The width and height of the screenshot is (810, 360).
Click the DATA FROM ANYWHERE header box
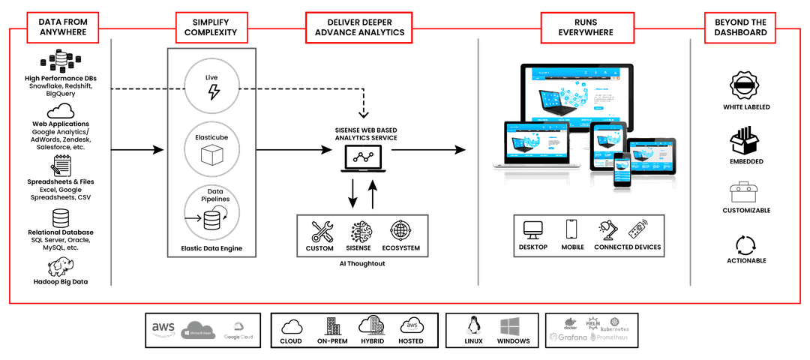coord(63,27)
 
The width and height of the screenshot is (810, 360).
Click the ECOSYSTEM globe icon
coord(400,230)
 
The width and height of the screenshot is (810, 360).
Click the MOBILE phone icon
coord(571,229)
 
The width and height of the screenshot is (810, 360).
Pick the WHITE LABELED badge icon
coord(745,83)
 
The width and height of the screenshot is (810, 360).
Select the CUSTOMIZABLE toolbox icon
coord(745,193)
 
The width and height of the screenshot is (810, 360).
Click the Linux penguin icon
coord(472,325)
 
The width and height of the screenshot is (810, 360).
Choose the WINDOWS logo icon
coord(512,325)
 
